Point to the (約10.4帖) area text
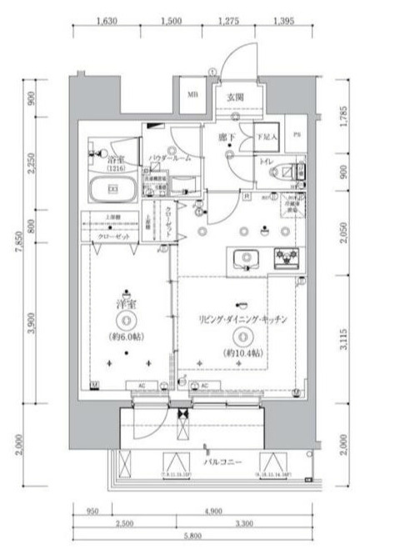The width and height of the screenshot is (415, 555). pos(242,352)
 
